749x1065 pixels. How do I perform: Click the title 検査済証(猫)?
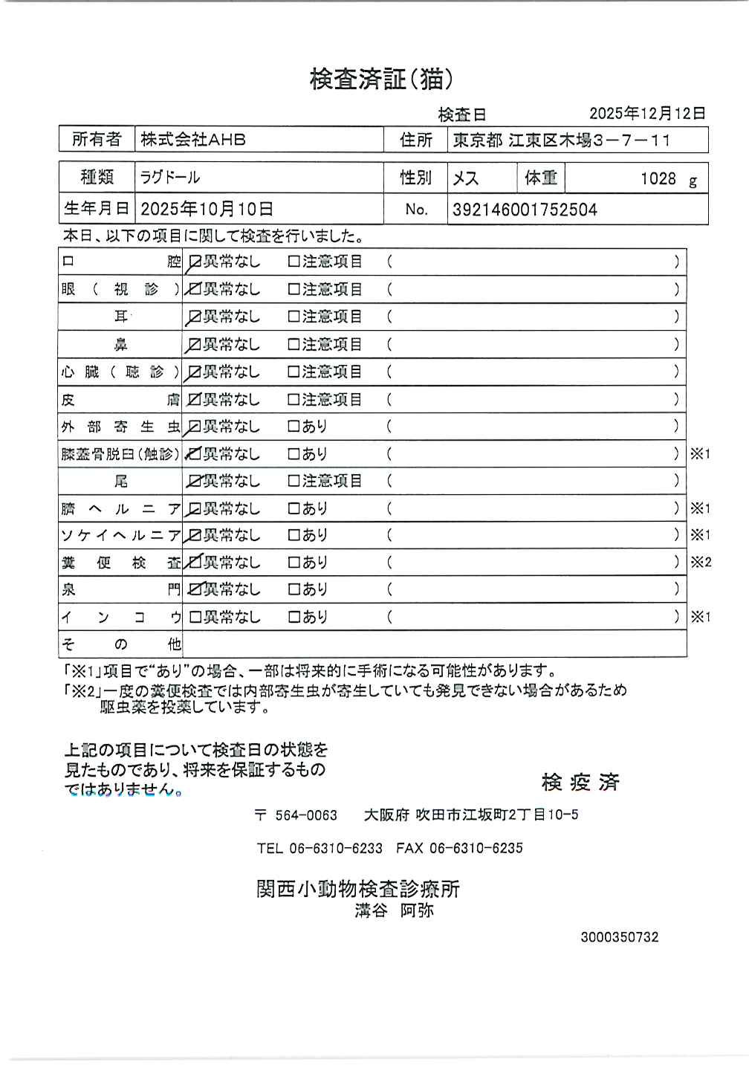[381, 79]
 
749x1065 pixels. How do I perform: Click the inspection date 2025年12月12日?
[647, 113]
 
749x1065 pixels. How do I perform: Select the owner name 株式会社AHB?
[193, 140]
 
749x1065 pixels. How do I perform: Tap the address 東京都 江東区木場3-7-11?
[562, 140]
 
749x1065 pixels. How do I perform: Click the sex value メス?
[466, 178]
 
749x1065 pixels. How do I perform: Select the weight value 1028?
[658, 178]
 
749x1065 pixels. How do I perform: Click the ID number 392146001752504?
[525, 210]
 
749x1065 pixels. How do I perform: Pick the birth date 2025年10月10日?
[207, 210]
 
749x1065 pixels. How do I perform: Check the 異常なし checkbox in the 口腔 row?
[195, 262]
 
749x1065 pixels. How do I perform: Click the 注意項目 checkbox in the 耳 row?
[294, 317]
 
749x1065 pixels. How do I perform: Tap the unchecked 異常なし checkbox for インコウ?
[195, 617]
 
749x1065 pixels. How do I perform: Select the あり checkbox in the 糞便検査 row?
[294, 563]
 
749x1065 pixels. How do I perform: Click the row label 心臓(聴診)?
[120, 372]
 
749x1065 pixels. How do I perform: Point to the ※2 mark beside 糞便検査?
[701, 563]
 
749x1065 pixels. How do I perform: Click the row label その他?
[120, 644]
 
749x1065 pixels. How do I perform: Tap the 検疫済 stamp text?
[580, 782]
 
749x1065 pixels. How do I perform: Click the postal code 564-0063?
[305, 815]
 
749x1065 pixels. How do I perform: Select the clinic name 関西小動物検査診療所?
[358, 888]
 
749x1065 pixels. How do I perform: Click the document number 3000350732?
[619, 937]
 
